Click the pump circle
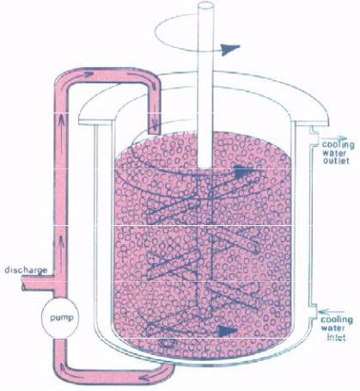coord(61,318)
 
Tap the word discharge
coord(26,271)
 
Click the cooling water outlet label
coord(337,152)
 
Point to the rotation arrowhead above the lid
coord(229,49)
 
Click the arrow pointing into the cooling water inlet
coord(333,311)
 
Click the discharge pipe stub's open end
coord(23,283)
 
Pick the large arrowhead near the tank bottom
coord(227,331)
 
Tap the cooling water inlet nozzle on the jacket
coord(313,311)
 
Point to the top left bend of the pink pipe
coord(64,76)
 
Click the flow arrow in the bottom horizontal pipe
coord(147,378)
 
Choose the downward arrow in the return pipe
coord(156,122)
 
